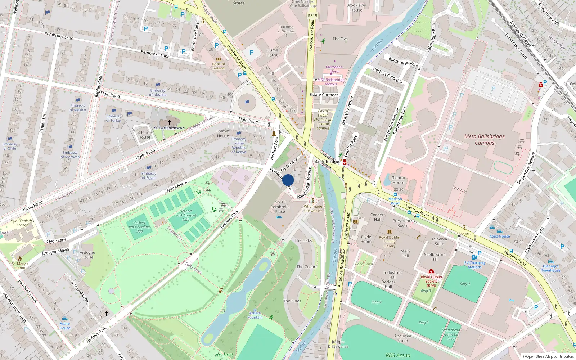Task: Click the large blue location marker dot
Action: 288,180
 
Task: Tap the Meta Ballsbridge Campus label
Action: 484,140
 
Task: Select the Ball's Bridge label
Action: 327,161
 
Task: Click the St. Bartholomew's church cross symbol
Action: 169,122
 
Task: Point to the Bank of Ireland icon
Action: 218,59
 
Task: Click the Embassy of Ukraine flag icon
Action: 158,85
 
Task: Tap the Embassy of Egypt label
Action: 149,176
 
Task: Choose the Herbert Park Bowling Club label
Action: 139,227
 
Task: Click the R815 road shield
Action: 312,16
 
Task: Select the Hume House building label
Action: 272,53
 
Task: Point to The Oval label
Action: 340,39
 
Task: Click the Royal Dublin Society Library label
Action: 389,242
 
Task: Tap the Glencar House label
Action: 398,180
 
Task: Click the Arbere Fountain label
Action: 255,315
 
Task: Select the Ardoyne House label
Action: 87,255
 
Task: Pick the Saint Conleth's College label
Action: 22,223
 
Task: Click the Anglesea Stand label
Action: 402,338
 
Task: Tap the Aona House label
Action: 499,237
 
